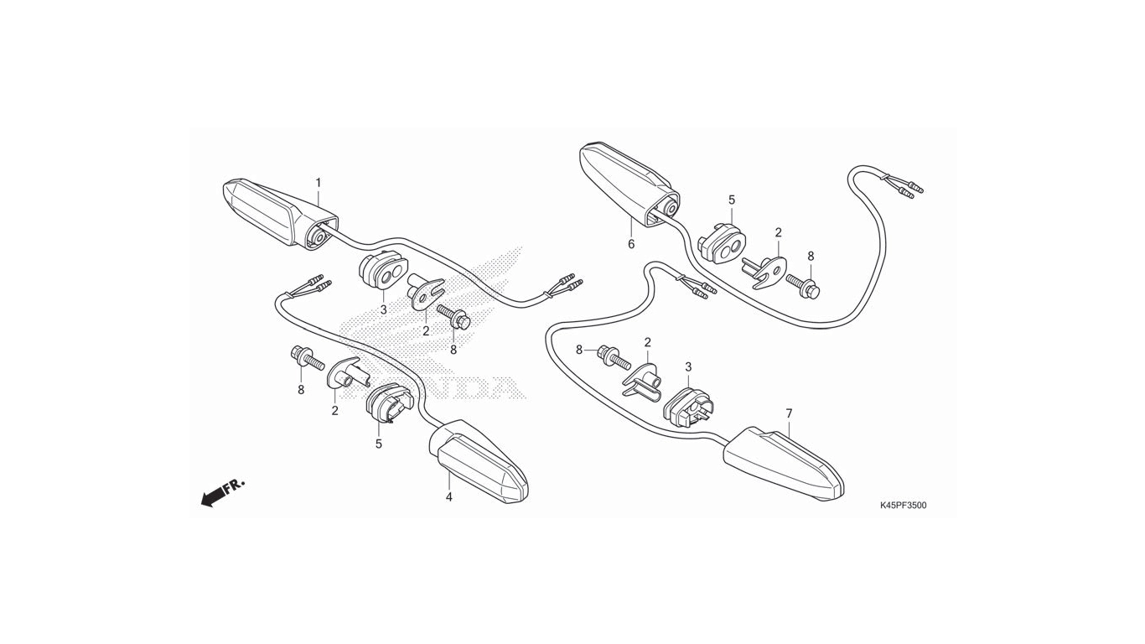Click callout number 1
[x=319, y=183]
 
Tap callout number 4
[x=448, y=496]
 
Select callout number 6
[x=631, y=244]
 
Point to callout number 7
[x=789, y=413]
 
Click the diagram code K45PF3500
[x=903, y=506]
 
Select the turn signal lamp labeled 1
[x=280, y=214]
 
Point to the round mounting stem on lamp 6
[x=671, y=207]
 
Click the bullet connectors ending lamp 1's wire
[x=565, y=284]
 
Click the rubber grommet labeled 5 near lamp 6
[x=723, y=242]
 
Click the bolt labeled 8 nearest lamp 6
[x=803, y=285]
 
